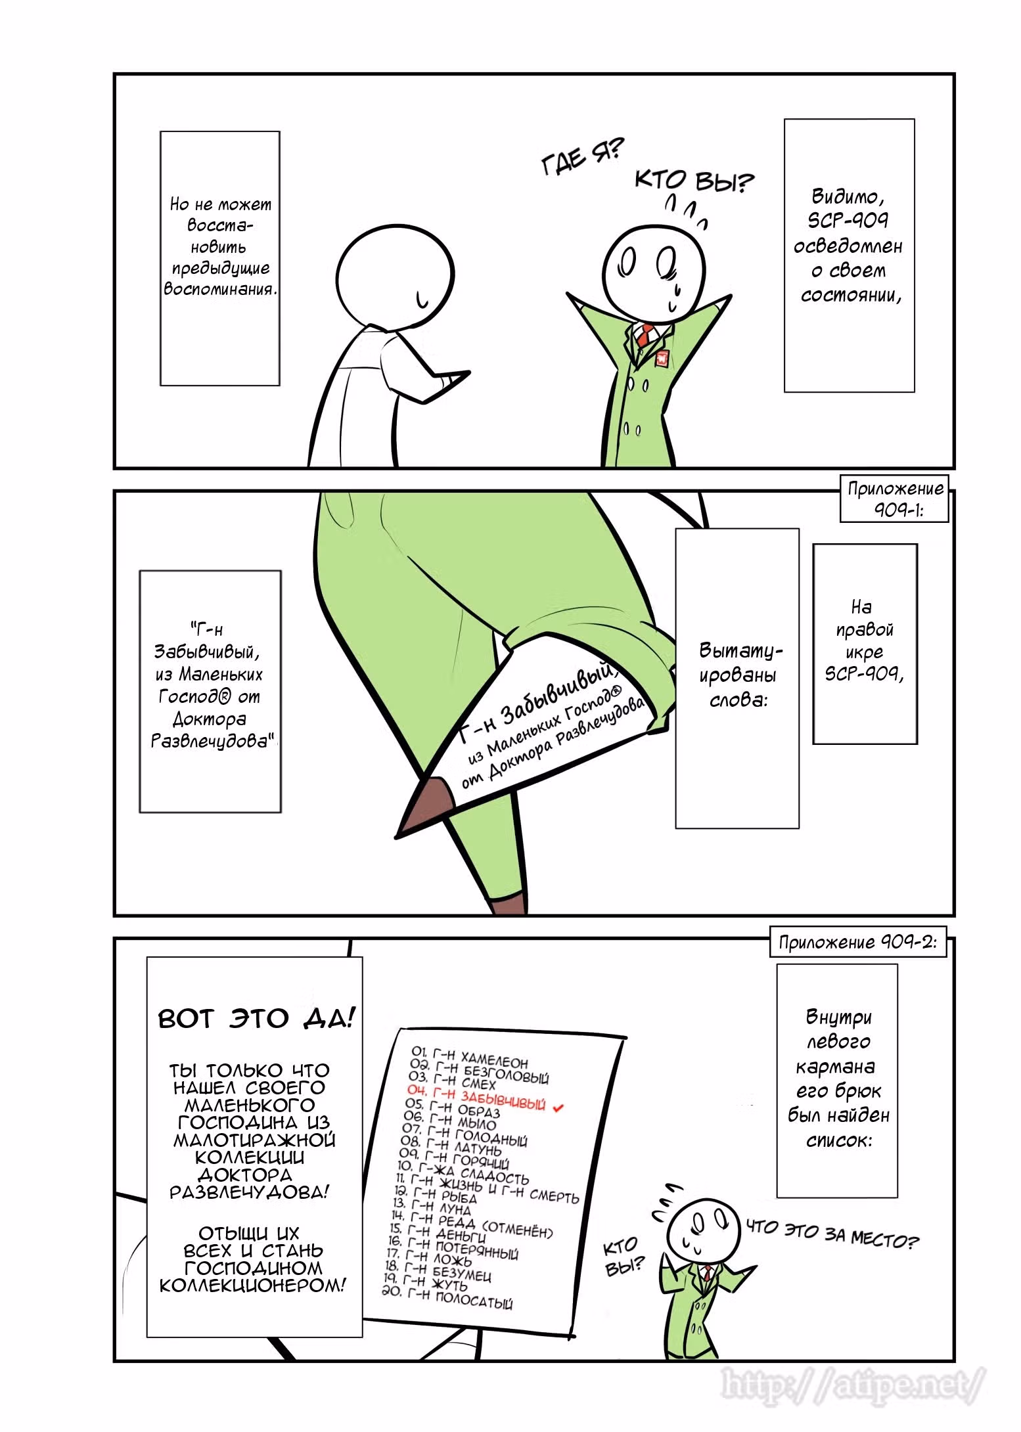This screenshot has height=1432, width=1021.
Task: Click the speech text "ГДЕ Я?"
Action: click(582, 157)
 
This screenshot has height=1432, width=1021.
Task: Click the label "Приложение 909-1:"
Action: click(895, 498)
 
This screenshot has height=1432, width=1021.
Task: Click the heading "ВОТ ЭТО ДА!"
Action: click(257, 1019)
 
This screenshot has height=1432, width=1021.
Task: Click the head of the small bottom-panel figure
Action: click(698, 1228)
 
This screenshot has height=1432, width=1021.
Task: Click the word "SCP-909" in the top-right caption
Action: click(848, 220)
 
